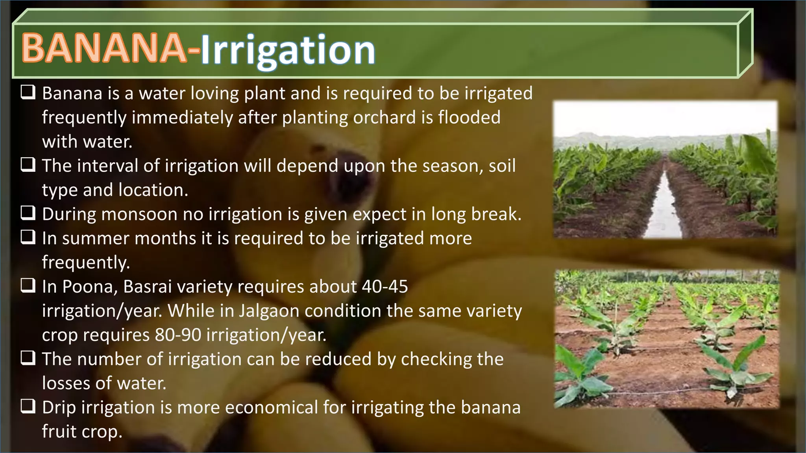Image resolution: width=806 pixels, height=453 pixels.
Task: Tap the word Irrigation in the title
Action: pos(288,50)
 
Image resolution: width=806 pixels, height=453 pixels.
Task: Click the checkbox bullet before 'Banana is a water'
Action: pos(28,93)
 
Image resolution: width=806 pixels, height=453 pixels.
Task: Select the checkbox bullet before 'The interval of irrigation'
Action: pos(28,165)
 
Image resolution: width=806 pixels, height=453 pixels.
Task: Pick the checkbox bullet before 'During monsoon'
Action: pos(28,214)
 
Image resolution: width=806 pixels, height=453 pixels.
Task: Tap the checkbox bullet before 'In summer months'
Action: pos(28,238)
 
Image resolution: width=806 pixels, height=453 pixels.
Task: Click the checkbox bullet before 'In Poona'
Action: pos(28,286)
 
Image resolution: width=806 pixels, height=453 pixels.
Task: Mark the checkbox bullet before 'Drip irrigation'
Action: pos(28,407)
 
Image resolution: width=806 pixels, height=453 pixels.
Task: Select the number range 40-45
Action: pos(385,287)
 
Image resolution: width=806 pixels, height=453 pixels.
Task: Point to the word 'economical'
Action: pos(271,407)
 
